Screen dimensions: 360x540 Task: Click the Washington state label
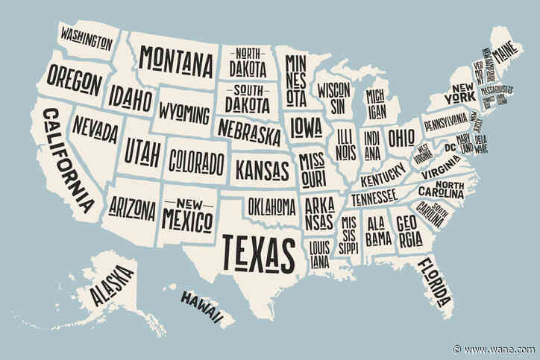[87, 35]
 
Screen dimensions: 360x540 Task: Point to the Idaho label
[131, 98]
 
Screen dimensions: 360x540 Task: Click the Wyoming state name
[184, 114]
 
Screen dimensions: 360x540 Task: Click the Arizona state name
[132, 204]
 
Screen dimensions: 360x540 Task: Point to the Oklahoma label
[271, 203]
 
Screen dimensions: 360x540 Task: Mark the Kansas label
[262, 167]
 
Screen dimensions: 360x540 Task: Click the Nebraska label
[250, 131]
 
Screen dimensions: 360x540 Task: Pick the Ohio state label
[401, 138]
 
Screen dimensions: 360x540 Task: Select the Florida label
[434, 282]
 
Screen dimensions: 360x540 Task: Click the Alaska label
[112, 285]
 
